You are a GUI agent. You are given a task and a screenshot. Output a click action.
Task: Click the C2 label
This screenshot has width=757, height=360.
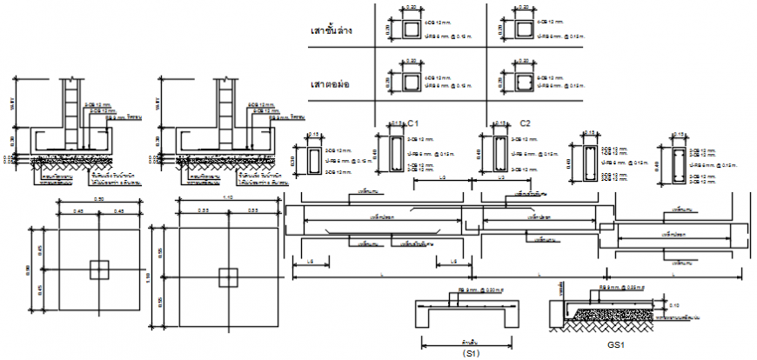pos(525,123)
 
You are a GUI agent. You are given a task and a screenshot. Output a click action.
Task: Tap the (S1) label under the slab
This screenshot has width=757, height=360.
pos(472,353)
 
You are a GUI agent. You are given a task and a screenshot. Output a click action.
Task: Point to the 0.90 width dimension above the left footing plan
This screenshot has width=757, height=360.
pos(100,199)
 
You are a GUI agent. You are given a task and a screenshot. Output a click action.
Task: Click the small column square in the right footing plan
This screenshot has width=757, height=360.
pos(228,277)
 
